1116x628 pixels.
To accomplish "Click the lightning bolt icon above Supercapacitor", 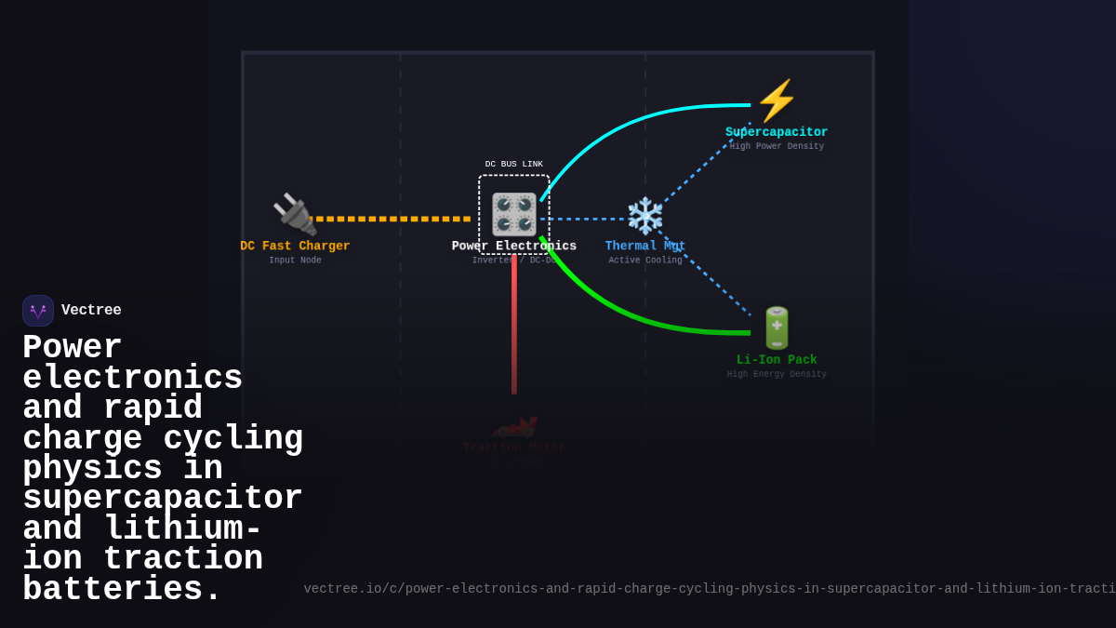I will click(777, 100).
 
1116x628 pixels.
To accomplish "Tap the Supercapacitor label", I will click(777, 132).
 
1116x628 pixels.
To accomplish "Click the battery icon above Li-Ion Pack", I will click(777, 328).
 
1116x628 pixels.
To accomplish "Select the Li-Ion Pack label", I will click(777, 360).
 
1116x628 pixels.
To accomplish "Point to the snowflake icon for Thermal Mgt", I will click(644, 216).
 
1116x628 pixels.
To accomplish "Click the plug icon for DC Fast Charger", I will click(294, 215).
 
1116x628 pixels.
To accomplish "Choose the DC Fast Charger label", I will click(295, 247).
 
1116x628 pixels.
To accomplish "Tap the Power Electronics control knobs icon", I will click(514, 215).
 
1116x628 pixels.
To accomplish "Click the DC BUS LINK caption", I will click(514, 164).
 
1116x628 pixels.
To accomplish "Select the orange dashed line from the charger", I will click(391, 220).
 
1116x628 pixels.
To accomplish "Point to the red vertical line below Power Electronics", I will click(514, 326).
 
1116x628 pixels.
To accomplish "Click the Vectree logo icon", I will click(38, 311).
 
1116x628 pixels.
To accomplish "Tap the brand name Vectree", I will click(91, 311).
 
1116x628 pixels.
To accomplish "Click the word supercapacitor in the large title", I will click(163, 500).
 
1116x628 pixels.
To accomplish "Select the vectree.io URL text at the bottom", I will click(707, 589).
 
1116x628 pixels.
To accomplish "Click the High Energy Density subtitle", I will click(777, 374).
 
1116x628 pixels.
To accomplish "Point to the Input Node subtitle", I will click(295, 261).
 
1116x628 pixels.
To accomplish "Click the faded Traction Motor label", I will click(514, 448).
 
